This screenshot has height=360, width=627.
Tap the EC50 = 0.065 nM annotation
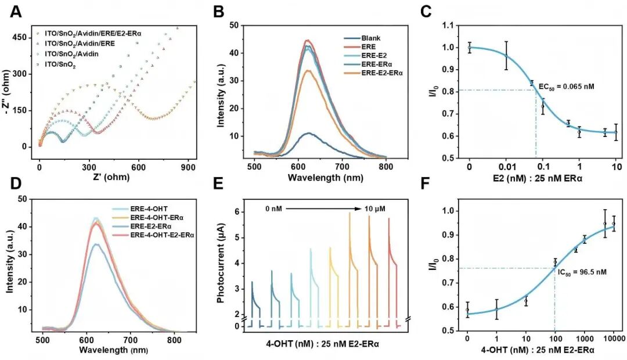coord(566,87)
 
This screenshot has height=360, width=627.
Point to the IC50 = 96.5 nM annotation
coord(582,272)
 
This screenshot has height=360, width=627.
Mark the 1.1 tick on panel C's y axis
coord(449,26)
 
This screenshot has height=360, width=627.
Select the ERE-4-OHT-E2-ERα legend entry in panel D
coord(162,235)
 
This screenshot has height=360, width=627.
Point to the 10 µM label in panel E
coord(374,209)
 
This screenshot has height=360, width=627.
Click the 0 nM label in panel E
coord(273,209)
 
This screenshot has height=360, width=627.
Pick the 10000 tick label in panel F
coord(614,339)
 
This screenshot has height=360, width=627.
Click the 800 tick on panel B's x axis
coord(386,167)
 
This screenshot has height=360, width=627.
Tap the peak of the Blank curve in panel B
coord(308,133)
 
